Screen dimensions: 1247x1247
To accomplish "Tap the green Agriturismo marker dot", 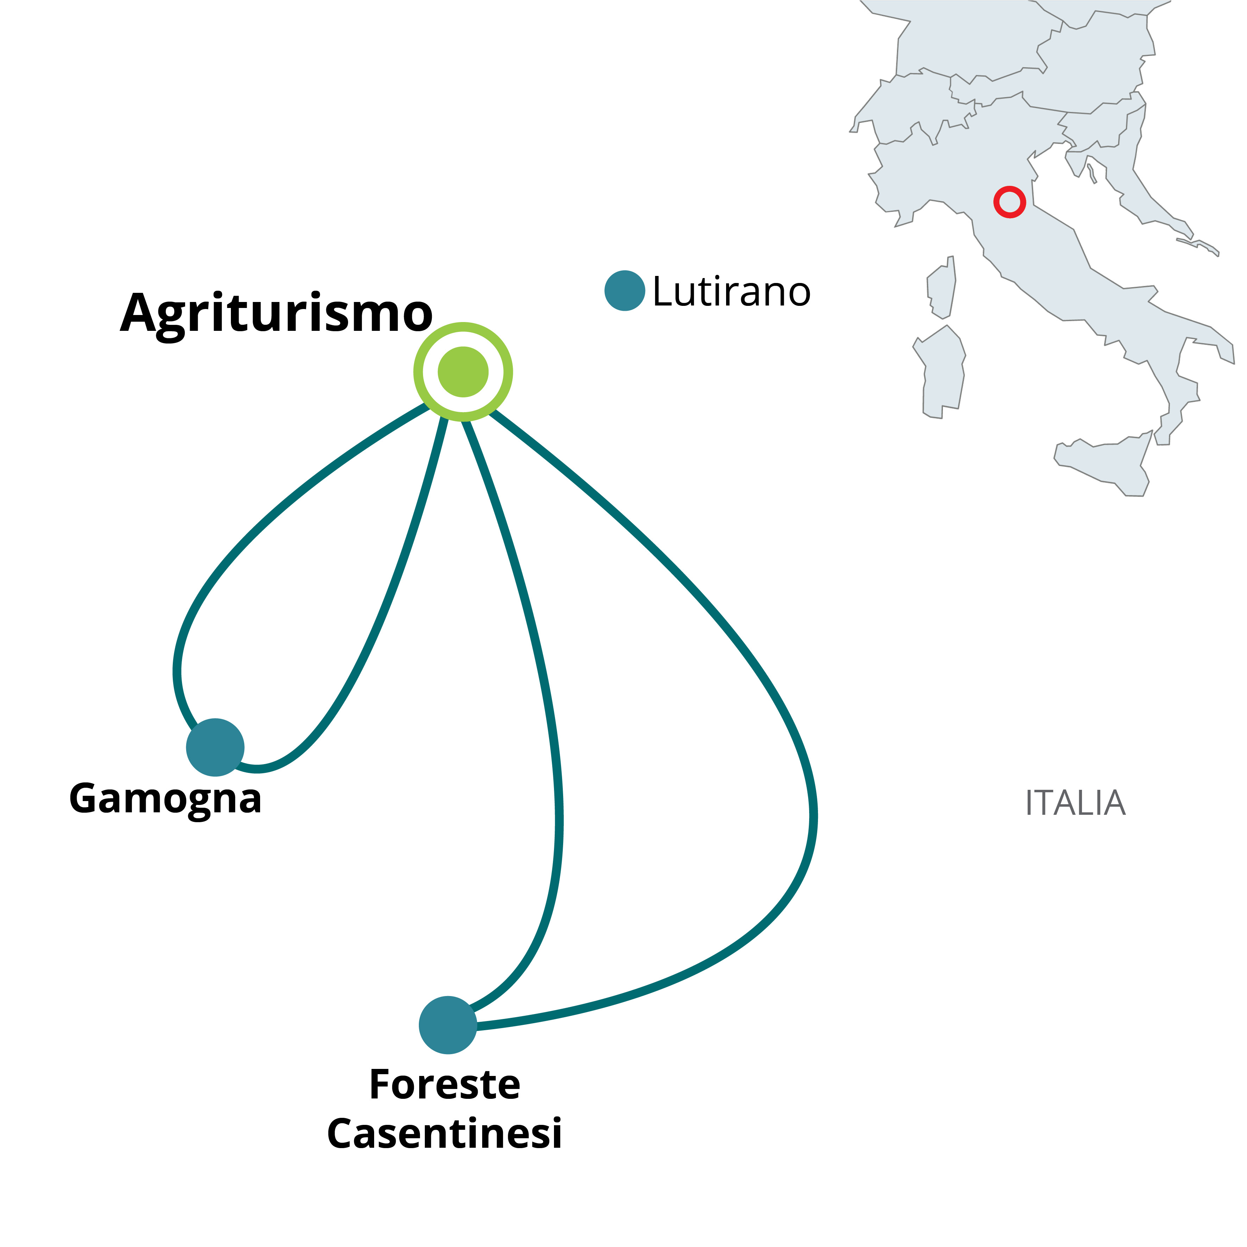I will pos(463,372).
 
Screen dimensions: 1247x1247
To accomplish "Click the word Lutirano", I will pos(731,292).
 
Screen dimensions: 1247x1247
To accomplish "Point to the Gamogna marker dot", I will pos(215,747).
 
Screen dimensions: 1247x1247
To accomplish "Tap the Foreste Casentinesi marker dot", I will pos(447,1025).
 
